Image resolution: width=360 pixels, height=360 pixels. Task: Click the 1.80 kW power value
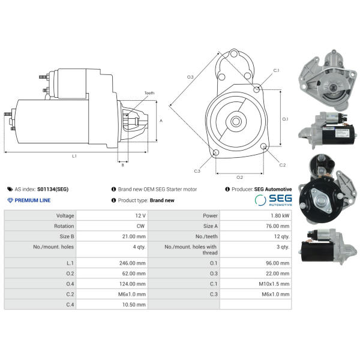280,215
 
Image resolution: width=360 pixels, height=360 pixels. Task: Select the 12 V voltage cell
140,215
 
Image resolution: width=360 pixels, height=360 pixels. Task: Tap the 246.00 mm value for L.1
133,263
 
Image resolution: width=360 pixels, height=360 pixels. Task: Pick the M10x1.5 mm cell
274,284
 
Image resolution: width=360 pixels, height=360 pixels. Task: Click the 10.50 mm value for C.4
134,305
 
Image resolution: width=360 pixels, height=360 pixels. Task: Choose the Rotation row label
64,226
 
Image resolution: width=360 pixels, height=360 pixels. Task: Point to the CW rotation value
140,226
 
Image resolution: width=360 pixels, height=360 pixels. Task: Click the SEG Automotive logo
273,200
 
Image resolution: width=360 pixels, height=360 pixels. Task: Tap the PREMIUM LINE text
32,200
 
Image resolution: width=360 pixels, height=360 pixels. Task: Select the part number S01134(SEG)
53,190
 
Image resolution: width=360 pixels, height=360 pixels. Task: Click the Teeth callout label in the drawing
149,93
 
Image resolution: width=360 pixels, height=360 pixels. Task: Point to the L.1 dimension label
74,156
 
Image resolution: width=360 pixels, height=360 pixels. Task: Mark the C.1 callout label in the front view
276,70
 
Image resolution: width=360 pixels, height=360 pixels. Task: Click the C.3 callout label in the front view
197,171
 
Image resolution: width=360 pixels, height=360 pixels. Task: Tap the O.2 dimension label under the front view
239,177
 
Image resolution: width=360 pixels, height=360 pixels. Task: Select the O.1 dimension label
285,119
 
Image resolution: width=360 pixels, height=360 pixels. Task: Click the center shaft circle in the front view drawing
236,121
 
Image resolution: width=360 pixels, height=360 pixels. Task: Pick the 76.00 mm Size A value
278,226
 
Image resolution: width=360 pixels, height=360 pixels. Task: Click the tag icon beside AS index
10,189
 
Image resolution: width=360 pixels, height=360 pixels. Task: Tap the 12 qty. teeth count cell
282,236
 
